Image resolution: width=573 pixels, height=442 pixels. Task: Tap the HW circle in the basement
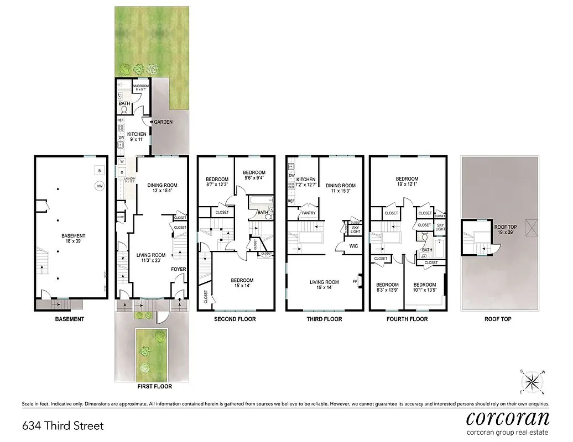100,187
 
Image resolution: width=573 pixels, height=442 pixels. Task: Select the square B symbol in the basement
99,170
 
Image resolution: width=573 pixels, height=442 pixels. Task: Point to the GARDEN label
163,122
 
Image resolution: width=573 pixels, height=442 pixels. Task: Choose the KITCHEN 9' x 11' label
137,137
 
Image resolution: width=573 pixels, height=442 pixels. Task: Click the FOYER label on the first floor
178,270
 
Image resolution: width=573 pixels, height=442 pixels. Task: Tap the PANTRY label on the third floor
308,213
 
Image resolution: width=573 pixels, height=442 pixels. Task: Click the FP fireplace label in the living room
355,281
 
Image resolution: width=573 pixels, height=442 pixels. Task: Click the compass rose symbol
532,381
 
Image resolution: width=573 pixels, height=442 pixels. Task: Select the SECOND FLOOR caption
235,319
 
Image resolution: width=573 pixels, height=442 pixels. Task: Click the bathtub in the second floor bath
260,199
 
